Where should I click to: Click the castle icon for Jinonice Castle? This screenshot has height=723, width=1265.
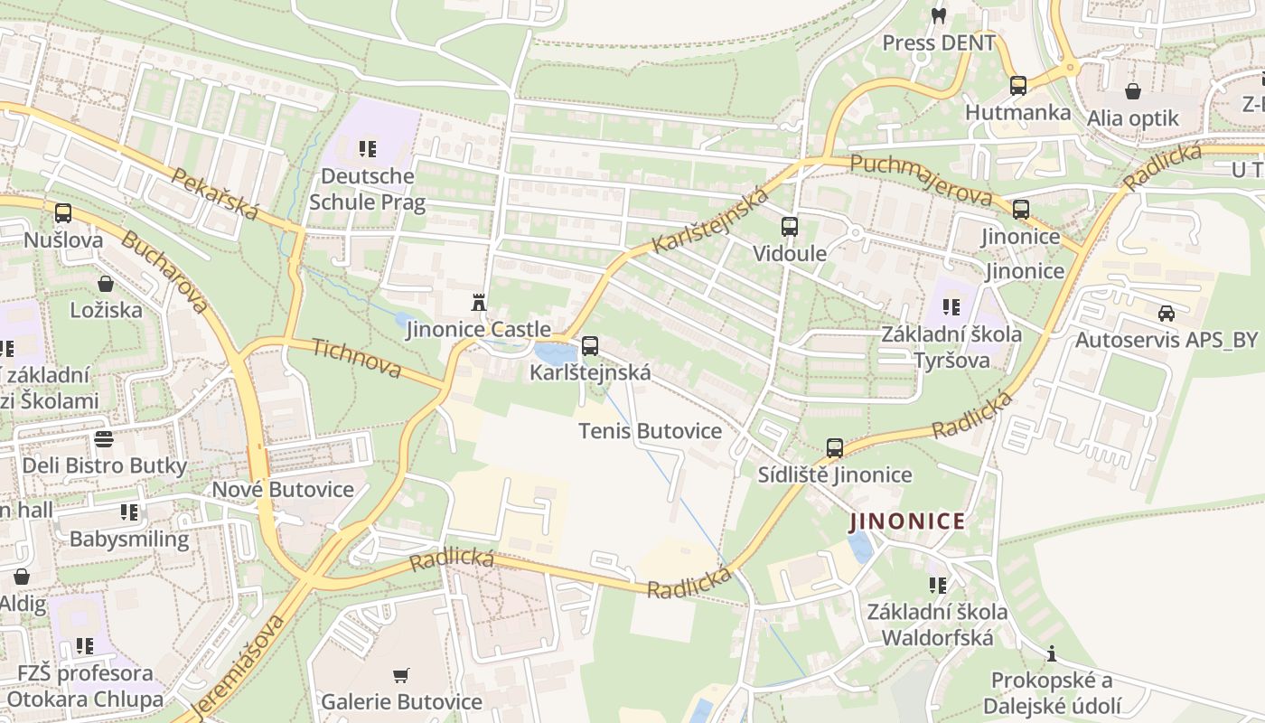pyautogui.click(x=479, y=302)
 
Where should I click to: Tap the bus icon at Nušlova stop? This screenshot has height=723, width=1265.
pyautogui.click(x=62, y=214)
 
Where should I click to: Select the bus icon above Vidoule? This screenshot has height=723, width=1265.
pyautogui.click(x=790, y=227)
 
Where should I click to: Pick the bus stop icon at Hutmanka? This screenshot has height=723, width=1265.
pyautogui.click(x=1018, y=86)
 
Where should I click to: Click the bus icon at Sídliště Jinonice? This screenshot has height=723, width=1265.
pyautogui.click(x=835, y=448)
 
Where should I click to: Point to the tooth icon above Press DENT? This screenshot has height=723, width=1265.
pyautogui.click(x=938, y=15)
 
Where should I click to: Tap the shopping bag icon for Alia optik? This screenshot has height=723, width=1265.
pyautogui.click(x=1132, y=91)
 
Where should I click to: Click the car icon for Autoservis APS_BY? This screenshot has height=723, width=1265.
pyautogui.click(x=1167, y=314)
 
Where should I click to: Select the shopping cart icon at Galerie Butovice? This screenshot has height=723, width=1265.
pyautogui.click(x=401, y=675)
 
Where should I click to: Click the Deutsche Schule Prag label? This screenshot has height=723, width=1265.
pyautogui.click(x=367, y=188)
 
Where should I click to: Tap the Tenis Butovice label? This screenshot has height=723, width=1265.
pyautogui.click(x=650, y=431)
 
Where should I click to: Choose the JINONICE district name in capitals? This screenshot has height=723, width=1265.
pyautogui.click(x=907, y=521)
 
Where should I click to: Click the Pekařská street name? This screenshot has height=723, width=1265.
pyautogui.click(x=215, y=193)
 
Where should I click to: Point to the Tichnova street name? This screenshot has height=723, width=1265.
pyautogui.click(x=356, y=358)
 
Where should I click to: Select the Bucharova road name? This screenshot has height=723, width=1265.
pyautogui.click(x=164, y=272)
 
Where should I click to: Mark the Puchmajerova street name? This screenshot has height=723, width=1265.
pyautogui.click(x=921, y=179)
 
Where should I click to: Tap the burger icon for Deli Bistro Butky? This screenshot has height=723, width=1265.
pyautogui.click(x=104, y=439)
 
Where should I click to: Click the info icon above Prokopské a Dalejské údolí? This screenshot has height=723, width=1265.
pyautogui.click(x=1052, y=653)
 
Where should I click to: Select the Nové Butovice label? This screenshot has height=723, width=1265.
pyautogui.click(x=283, y=490)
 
